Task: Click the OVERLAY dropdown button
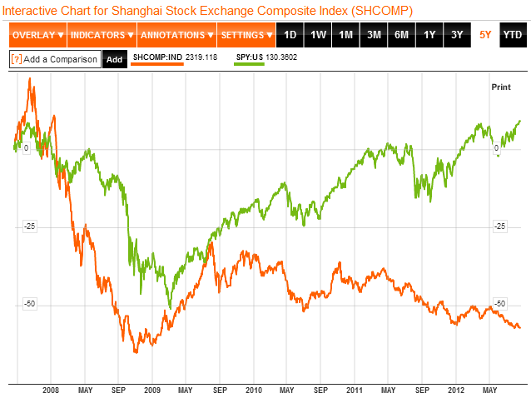38,35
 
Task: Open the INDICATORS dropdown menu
102,35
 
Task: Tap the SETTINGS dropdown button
246,35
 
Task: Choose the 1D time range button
290,35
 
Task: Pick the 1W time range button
318,35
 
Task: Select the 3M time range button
374,35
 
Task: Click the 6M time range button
402,35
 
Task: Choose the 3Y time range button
457,35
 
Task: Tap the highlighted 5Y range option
485,35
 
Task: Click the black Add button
115,59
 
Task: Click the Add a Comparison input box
55,59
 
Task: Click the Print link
501,87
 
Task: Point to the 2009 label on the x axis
152,390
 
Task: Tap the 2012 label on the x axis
455,390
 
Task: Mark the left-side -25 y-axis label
30,226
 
